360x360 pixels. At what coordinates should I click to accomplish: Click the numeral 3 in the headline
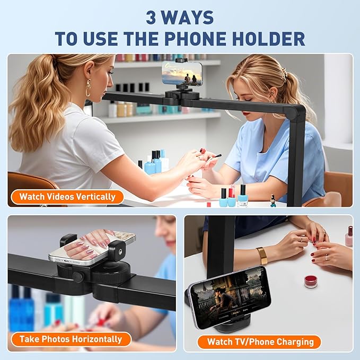pos(151,17)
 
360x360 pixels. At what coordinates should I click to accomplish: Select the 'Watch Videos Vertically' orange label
pos(67,197)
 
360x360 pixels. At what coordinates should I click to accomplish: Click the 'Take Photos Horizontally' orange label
pos(71,339)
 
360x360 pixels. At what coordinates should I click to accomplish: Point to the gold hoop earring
pos(88,88)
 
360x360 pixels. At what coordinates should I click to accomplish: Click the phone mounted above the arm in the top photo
pos(182,73)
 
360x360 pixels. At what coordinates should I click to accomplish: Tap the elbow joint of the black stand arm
pos(296,112)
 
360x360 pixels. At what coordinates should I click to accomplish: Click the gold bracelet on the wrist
pos(262,256)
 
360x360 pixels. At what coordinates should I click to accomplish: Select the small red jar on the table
pos(311,281)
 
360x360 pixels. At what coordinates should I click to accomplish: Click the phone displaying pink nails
pos(92,248)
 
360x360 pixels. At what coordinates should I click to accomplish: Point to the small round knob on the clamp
pos(77,277)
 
